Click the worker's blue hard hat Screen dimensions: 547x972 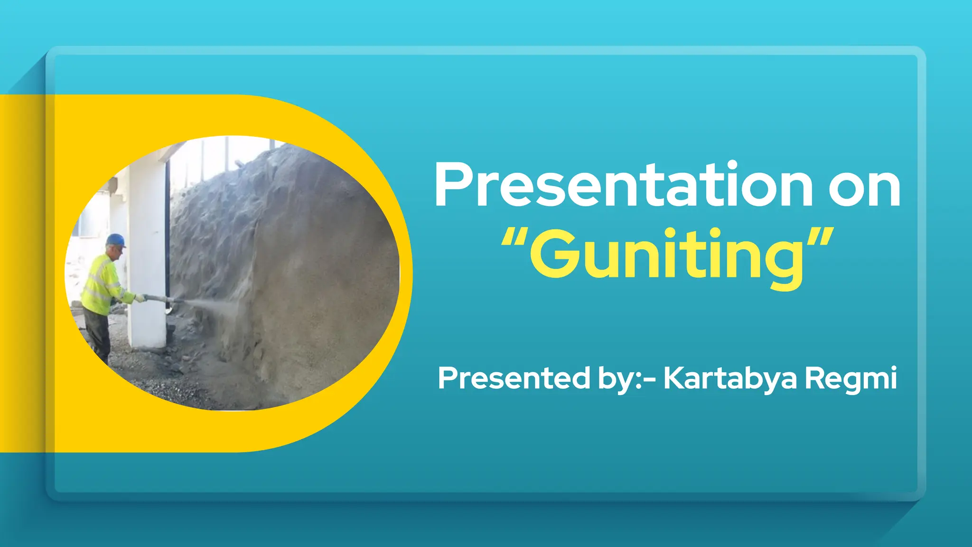point(115,240)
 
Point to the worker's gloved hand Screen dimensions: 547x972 point(140,298)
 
